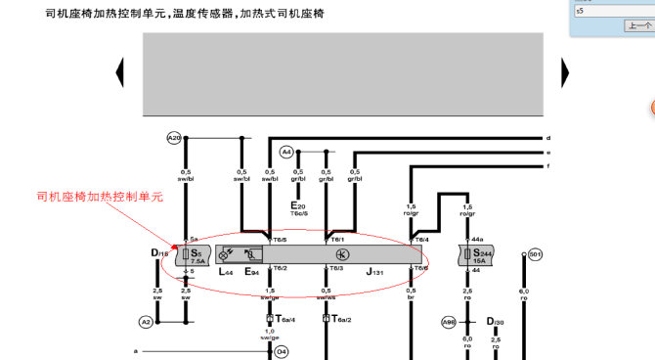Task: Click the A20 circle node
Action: (x=174, y=138)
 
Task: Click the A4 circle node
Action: (x=286, y=152)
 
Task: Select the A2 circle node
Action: (x=146, y=322)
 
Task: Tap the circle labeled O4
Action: (x=282, y=350)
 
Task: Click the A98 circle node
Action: (x=449, y=322)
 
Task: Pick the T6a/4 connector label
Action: (x=284, y=319)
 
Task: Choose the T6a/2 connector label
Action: (x=341, y=319)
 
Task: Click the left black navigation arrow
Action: (x=120, y=71)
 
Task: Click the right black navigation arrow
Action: (x=564, y=71)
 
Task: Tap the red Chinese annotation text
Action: (x=99, y=197)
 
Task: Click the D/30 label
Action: (x=496, y=322)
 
